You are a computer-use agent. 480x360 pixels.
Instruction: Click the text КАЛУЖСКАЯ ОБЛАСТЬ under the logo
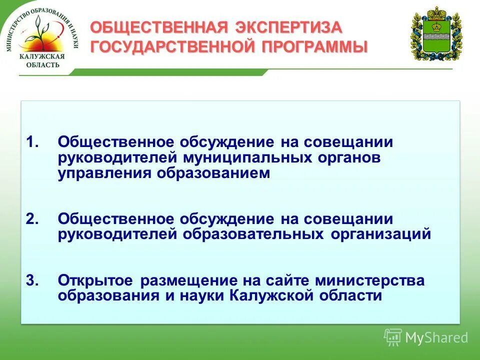(x=42, y=61)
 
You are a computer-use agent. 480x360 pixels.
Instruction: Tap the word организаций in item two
(x=380, y=234)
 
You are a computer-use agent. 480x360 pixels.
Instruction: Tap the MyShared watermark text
(x=436, y=338)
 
